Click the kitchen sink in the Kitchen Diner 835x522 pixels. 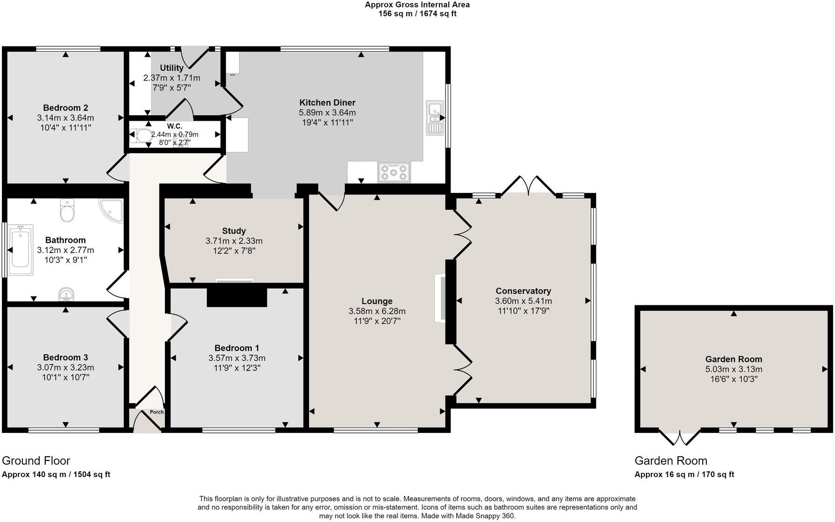click(x=435, y=118)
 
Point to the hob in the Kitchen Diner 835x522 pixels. click(x=394, y=172)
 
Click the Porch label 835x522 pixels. click(x=157, y=412)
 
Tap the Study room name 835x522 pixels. click(x=234, y=231)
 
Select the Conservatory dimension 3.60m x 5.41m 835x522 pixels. click(x=523, y=301)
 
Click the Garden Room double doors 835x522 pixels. click(x=680, y=437)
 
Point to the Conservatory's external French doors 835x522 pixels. click(x=528, y=185)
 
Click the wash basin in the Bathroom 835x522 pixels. click(x=67, y=294)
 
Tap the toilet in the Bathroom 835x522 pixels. click(x=68, y=211)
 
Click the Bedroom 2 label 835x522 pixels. click(x=65, y=108)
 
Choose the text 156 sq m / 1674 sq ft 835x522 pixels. click(x=417, y=14)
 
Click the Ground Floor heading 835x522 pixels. click(x=36, y=460)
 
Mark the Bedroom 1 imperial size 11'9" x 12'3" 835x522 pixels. click(x=237, y=368)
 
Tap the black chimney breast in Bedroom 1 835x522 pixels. click(x=237, y=297)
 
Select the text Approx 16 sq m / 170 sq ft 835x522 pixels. click(x=684, y=474)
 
